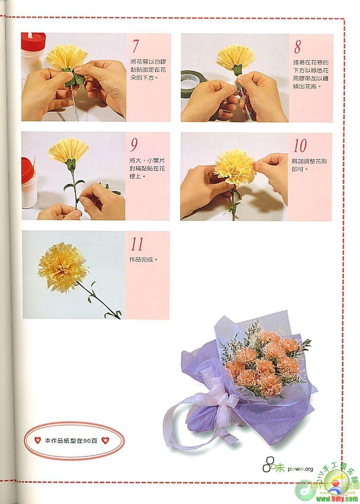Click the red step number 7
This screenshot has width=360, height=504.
[x=135, y=46]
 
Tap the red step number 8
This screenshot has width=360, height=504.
[x=297, y=47]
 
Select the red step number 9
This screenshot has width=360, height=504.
[x=134, y=145]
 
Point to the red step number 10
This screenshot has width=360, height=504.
[x=300, y=146]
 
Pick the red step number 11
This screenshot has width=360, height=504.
[x=137, y=244]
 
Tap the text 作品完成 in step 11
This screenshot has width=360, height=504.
[x=141, y=260]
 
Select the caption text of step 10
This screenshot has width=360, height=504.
[x=309, y=165]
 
